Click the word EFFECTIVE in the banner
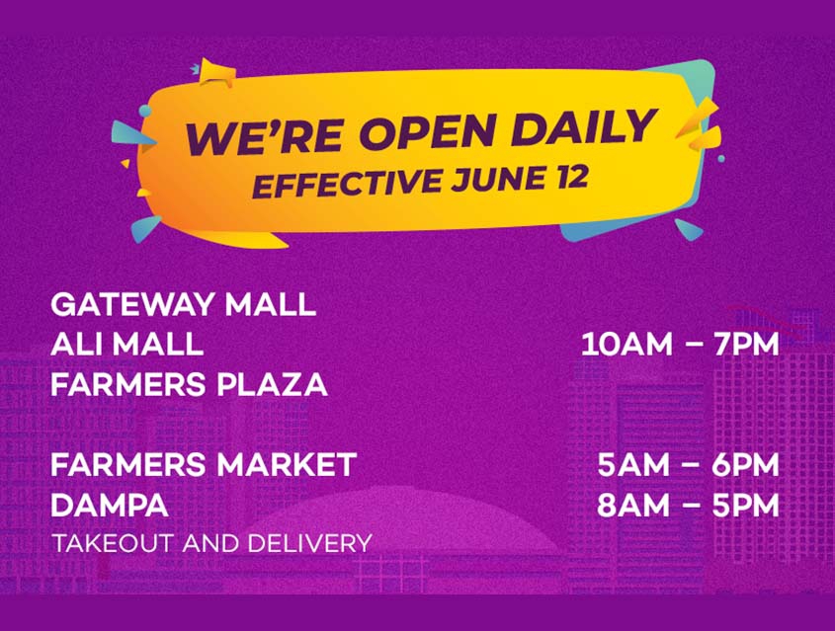[x=347, y=184]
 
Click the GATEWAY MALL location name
[x=183, y=304]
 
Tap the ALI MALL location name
[x=126, y=345]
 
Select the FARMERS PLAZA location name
[x=189, y=384]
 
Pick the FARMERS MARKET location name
[x=204, y=464]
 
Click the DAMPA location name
[x=110, y=505]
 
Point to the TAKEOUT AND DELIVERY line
[x=211, y=543]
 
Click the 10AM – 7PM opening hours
[x=680, y=345]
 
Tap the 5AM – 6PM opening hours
[x=688, y=464]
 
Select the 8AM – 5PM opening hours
[x=688, y=505]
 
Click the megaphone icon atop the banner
[x=216, y=73]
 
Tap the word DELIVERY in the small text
[x=309, y=543]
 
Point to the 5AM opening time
[x=632, y=464]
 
